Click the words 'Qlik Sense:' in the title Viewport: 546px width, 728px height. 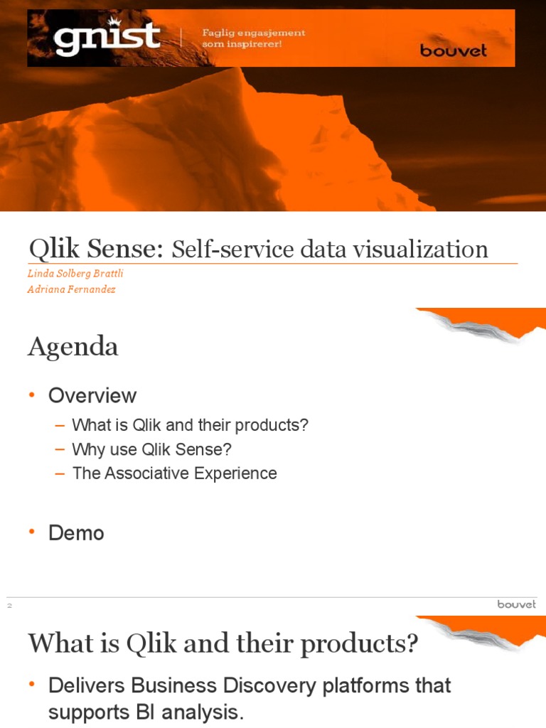97,249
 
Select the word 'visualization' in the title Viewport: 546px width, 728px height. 431,249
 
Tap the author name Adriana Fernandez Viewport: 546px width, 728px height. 72,289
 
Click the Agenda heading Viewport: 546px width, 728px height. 73,346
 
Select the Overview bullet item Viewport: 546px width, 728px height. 92,396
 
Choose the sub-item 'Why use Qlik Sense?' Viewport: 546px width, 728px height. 152,449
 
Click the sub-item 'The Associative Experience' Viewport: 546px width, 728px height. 175,473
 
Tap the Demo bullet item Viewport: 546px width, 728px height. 76,533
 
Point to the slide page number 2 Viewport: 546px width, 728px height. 10,606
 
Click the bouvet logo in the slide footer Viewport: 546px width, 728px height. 516,604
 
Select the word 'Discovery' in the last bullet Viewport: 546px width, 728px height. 267,686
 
